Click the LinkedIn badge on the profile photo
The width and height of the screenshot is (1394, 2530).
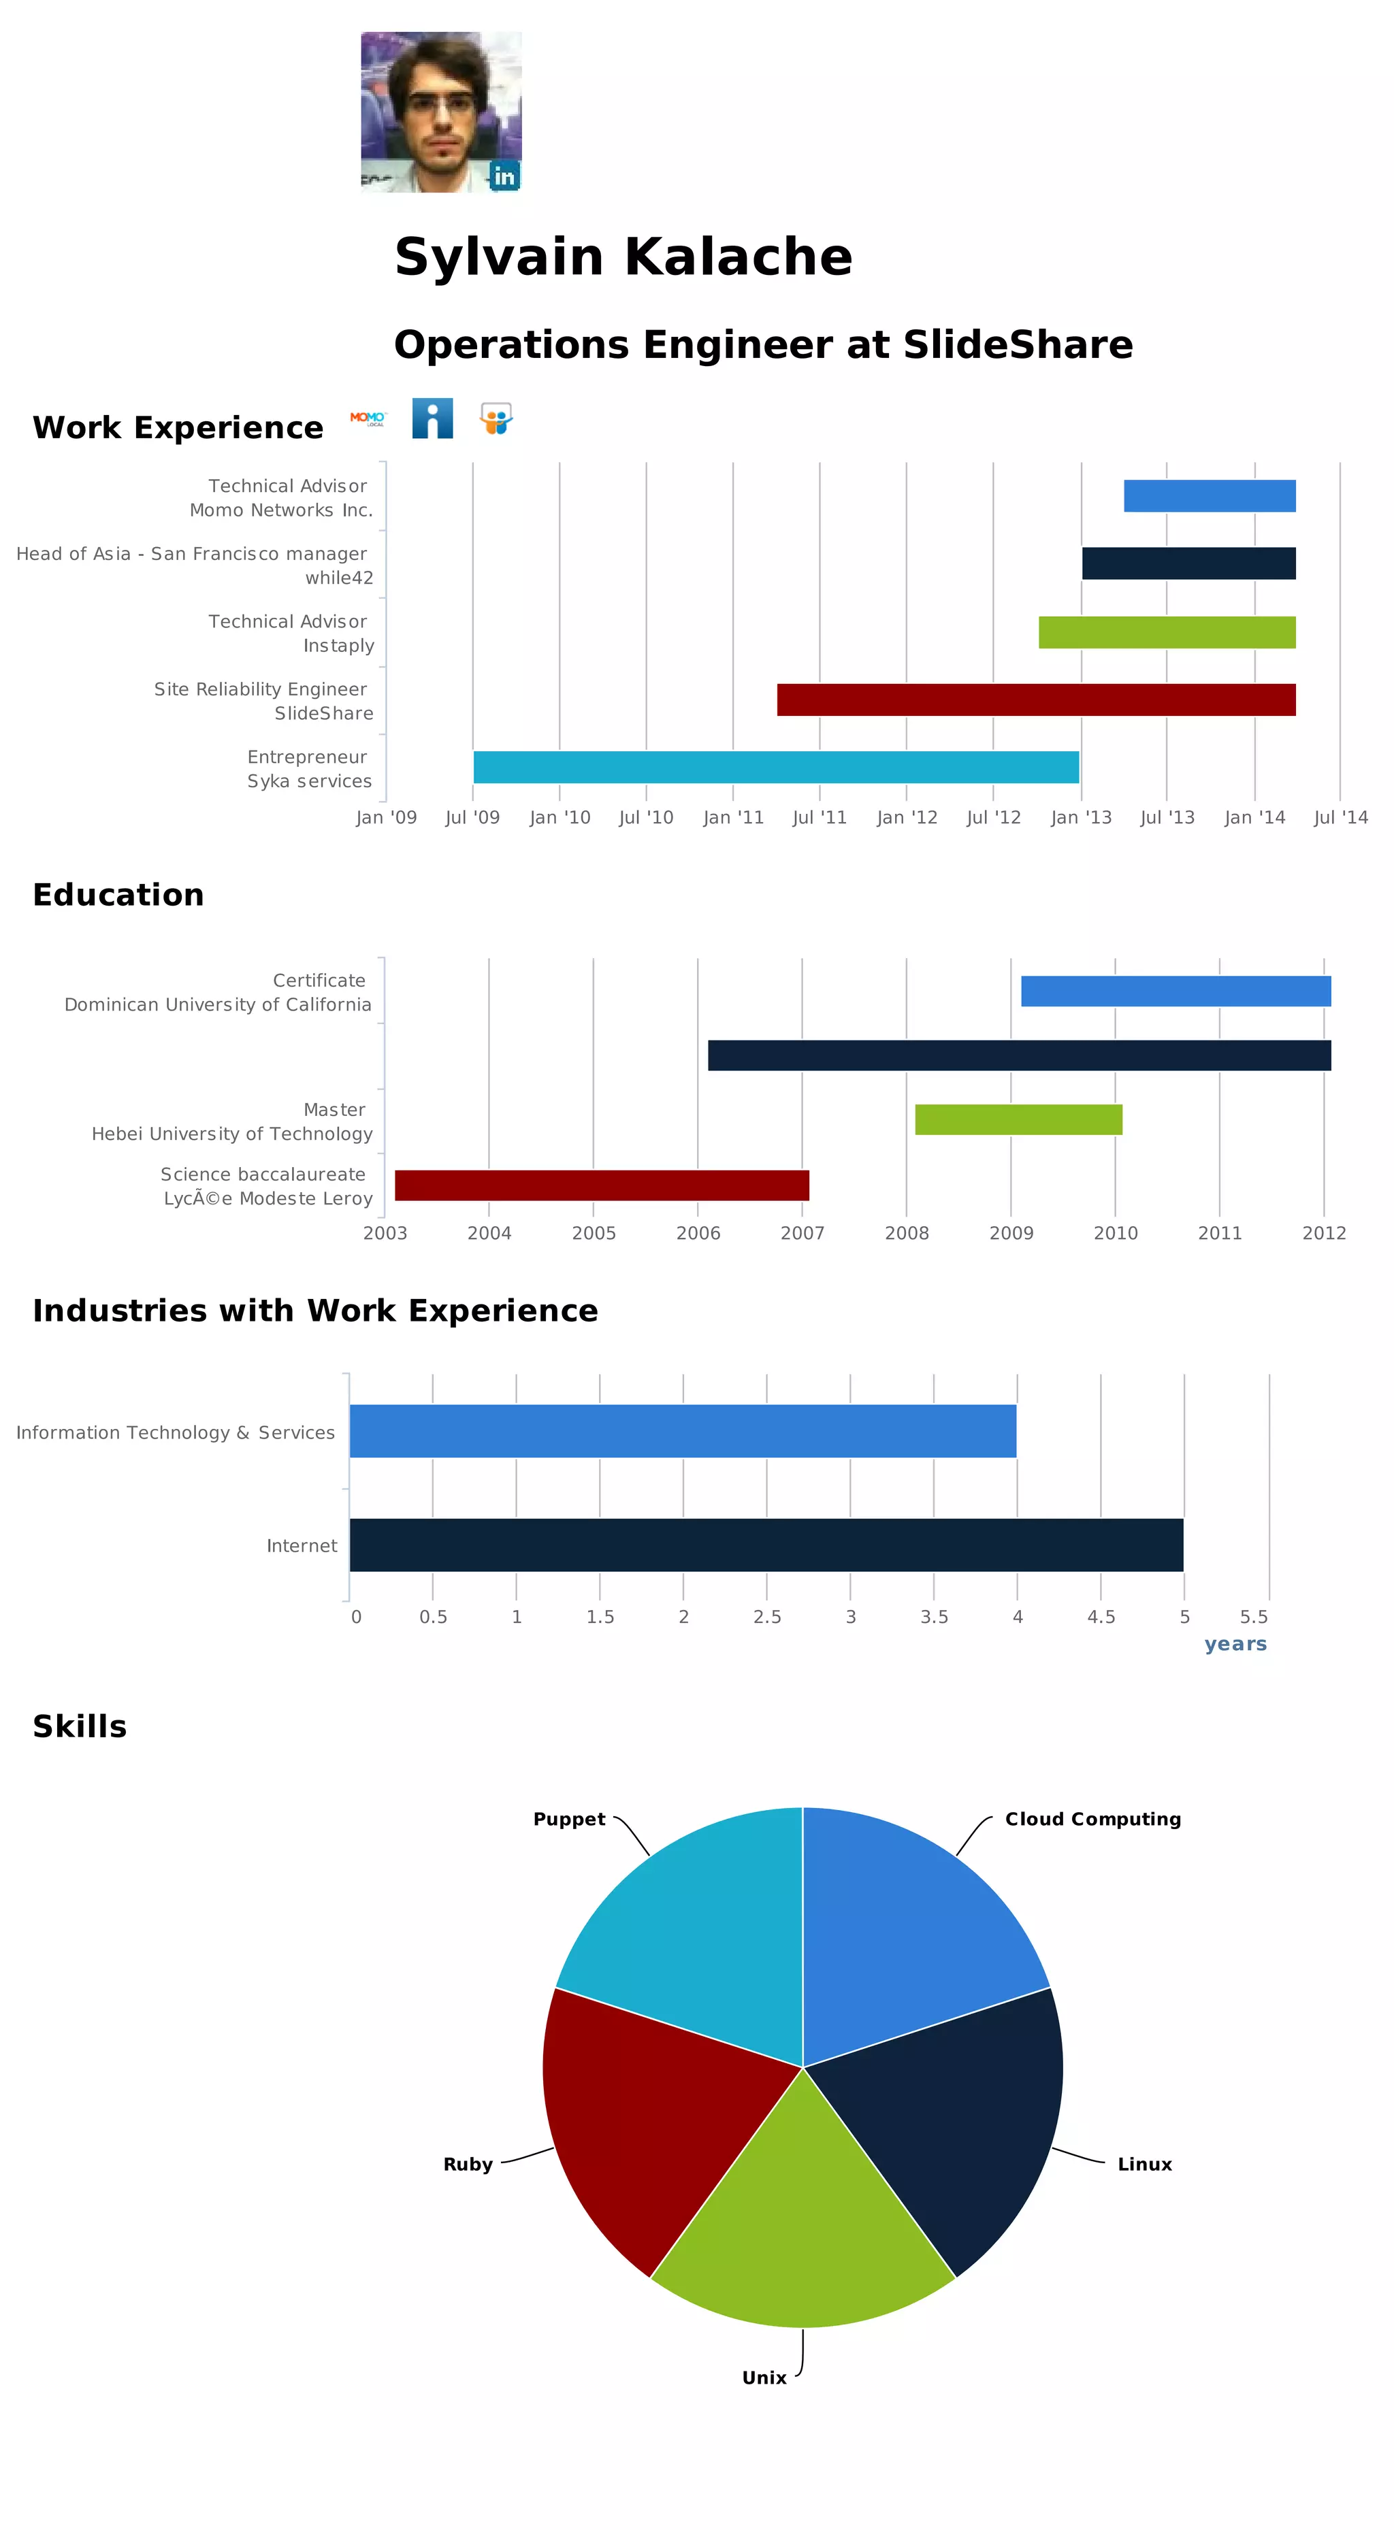tap(504, 176)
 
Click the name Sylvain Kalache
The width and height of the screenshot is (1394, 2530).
tap(623, 257)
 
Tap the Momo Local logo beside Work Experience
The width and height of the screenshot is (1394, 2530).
tap(368, 418)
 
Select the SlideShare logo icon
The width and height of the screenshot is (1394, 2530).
tap(496, 418)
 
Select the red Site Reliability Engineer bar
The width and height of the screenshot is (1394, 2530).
tap(1035, 700)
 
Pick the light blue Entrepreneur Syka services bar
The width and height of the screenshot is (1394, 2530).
tap(775, 767)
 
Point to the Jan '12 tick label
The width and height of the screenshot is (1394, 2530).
tap(906, 817)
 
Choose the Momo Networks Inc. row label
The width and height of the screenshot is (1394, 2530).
tap(281, 510)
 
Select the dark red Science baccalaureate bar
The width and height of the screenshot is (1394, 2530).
tap(601, 1185)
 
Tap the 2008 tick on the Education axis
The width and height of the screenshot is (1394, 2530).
tap(906, 1232)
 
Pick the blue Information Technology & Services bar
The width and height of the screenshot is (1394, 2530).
tap(682, 1431)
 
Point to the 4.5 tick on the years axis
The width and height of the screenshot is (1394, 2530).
tap(1100, 1617)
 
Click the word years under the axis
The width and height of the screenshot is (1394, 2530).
tap(1235, 1644)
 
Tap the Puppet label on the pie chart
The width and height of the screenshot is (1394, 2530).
tap(569, 1819)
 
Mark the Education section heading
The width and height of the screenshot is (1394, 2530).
tap(118, 895)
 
